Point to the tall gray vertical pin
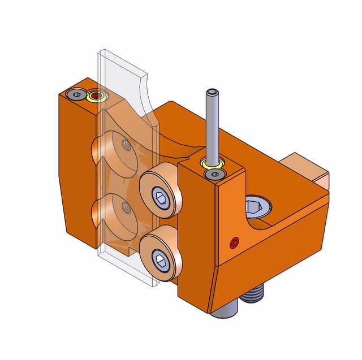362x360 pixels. point(211,130)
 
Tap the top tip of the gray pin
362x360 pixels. point(211,91)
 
